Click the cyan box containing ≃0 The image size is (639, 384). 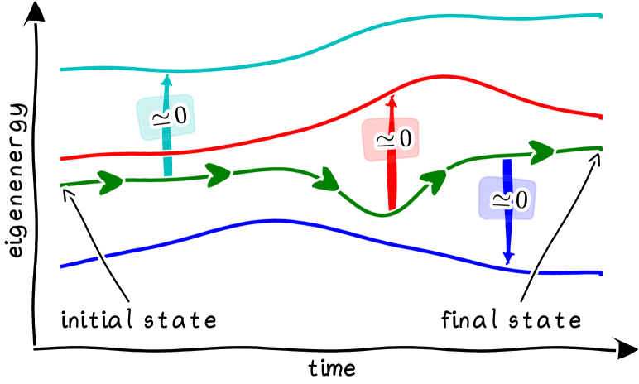[x=164, y=118]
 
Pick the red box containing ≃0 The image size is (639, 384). [x=390, y=139]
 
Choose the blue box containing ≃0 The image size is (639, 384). [x=507, y=199]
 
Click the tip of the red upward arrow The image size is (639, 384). [x=392, y=97]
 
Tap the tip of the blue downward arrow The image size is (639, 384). [x=508, y=262]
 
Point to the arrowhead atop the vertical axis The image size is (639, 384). [x=34, y=10]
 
